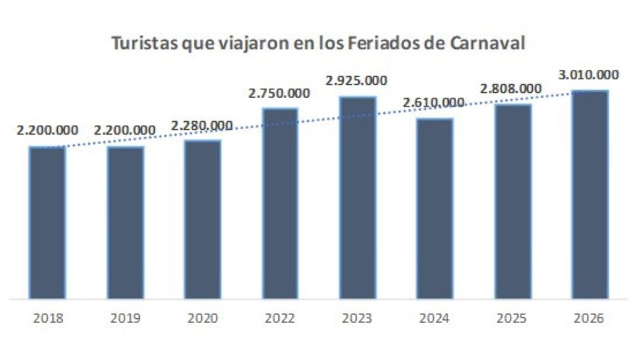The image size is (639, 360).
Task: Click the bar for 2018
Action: (x=47, y=222)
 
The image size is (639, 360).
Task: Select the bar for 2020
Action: (x=202, y=219)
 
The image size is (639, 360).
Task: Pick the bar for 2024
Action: (x=435, y=208)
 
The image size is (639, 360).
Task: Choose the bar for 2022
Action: (x=280, y=203)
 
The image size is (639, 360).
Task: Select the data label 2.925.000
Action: (x=356, y=81)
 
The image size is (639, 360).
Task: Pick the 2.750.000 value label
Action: (x=279, y=93)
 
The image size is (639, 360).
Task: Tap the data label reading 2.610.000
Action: (x=434, y=103)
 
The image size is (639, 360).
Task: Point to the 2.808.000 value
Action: (x=511, y=88)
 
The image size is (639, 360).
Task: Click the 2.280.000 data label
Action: (x=202, y=125)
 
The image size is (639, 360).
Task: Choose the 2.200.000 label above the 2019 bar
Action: (x=125, y=131)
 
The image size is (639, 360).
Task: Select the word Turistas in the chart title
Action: (x=141, y=42)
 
